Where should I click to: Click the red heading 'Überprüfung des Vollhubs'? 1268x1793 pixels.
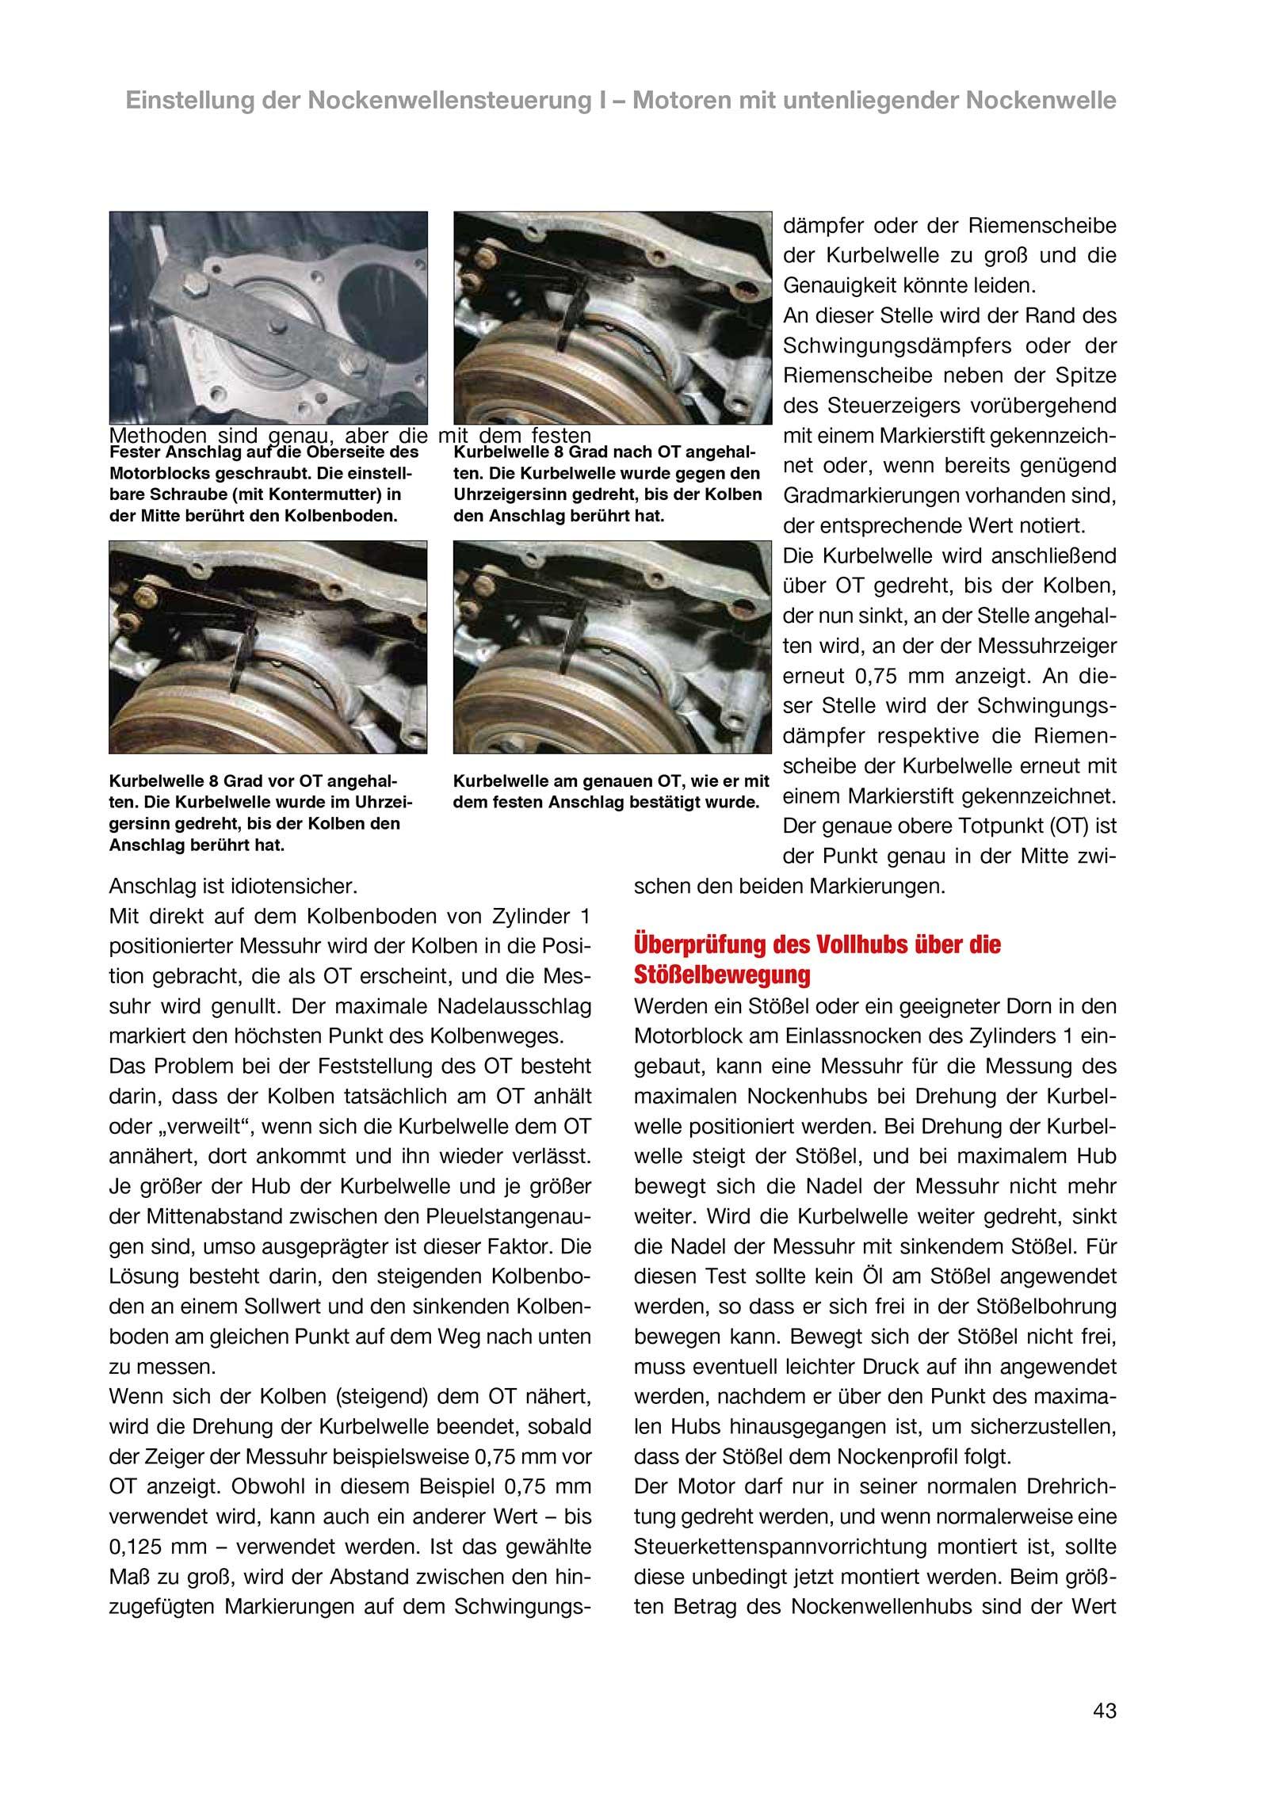click(x=817, y=945)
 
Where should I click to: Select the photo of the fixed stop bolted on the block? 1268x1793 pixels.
click(x=268, y=317)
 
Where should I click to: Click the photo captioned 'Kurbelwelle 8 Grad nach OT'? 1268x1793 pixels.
click(x=612, y=317)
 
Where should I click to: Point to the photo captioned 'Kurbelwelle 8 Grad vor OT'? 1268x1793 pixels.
click(x=268, y=647)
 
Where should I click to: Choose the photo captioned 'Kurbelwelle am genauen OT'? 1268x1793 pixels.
click(x=612, y=647)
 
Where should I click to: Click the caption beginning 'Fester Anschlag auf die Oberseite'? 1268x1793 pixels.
click(x=263, y=485)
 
